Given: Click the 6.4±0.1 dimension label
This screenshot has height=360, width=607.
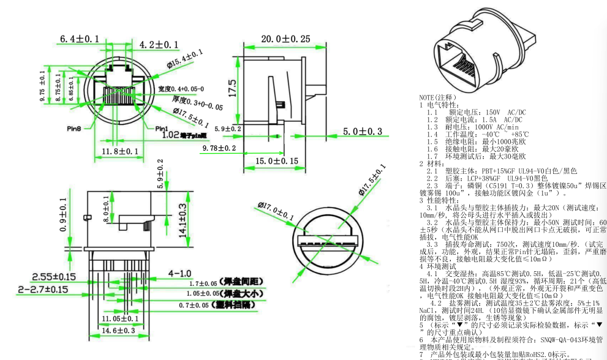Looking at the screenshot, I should [79, 39].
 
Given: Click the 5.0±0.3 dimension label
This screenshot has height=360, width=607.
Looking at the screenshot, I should [362, 132].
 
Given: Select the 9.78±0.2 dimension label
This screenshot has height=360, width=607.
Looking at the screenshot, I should [219, 148].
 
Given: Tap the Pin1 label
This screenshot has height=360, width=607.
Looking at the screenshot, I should [160, 129].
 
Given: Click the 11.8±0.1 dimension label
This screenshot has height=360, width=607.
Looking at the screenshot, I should [119, 150].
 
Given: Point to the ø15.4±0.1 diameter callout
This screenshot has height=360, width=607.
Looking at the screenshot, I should [184, 59].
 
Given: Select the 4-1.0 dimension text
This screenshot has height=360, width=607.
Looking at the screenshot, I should [180, 273].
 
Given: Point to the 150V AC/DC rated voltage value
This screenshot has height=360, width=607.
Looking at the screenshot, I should [497, 112].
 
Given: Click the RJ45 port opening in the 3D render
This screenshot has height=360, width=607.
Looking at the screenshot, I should [461, 66].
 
